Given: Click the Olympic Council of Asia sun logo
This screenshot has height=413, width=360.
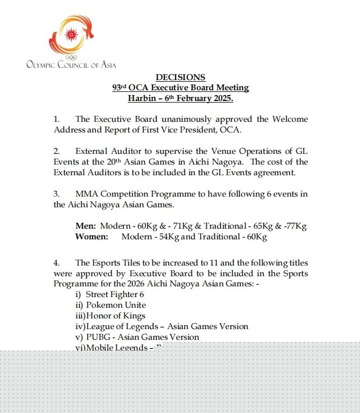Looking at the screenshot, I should pyautogui.click(x=71, y=36).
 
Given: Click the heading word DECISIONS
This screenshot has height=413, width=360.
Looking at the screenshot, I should pyautogui.click(x=180, y=77).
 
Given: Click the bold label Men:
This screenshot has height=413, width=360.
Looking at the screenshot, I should pyautogui.click(x=86, y=225).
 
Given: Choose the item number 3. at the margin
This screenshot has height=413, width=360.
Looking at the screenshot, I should pyautogui.click(x=57, y=193).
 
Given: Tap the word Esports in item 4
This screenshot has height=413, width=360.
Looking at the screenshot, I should pyautogui.click(x=107, y=263).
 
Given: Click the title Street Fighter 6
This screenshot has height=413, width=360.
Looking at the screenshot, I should pyautogui.click(x=114, y=294).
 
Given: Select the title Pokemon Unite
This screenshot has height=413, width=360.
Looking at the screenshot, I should pyautogui.click(x=117, y=305).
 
